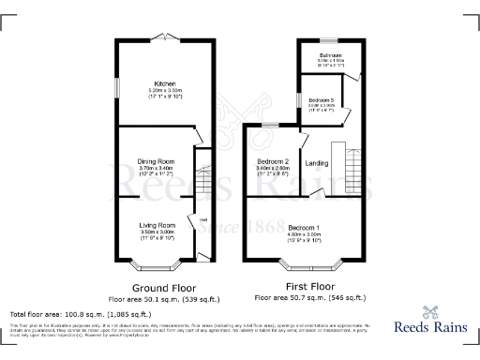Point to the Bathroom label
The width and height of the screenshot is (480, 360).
(328, 55)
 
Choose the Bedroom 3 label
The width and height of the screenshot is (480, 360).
(321, 99)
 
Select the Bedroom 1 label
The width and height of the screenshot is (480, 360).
(304, 228)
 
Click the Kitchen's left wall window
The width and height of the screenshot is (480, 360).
(117, 84)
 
